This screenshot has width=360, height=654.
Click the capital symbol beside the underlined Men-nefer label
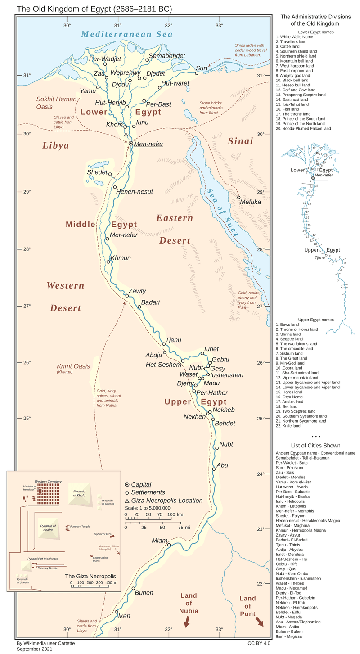click(x=131, y=144)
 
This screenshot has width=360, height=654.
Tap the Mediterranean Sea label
click(x=127, y=34)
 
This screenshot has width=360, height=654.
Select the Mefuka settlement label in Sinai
click(x=251, y=202)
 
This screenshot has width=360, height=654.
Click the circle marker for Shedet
click(x=110, y=174)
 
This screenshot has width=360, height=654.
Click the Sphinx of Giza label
click(x=103, y=534)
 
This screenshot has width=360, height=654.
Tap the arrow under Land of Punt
click(x=260, y=622)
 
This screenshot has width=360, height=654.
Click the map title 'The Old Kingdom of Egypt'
click(x=94, y=9)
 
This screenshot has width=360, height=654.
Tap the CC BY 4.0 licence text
click(x=259, y=644)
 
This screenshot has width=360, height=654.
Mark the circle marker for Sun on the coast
click(x=197, y=73)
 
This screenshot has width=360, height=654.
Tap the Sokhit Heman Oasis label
click(x=51, y=103)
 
